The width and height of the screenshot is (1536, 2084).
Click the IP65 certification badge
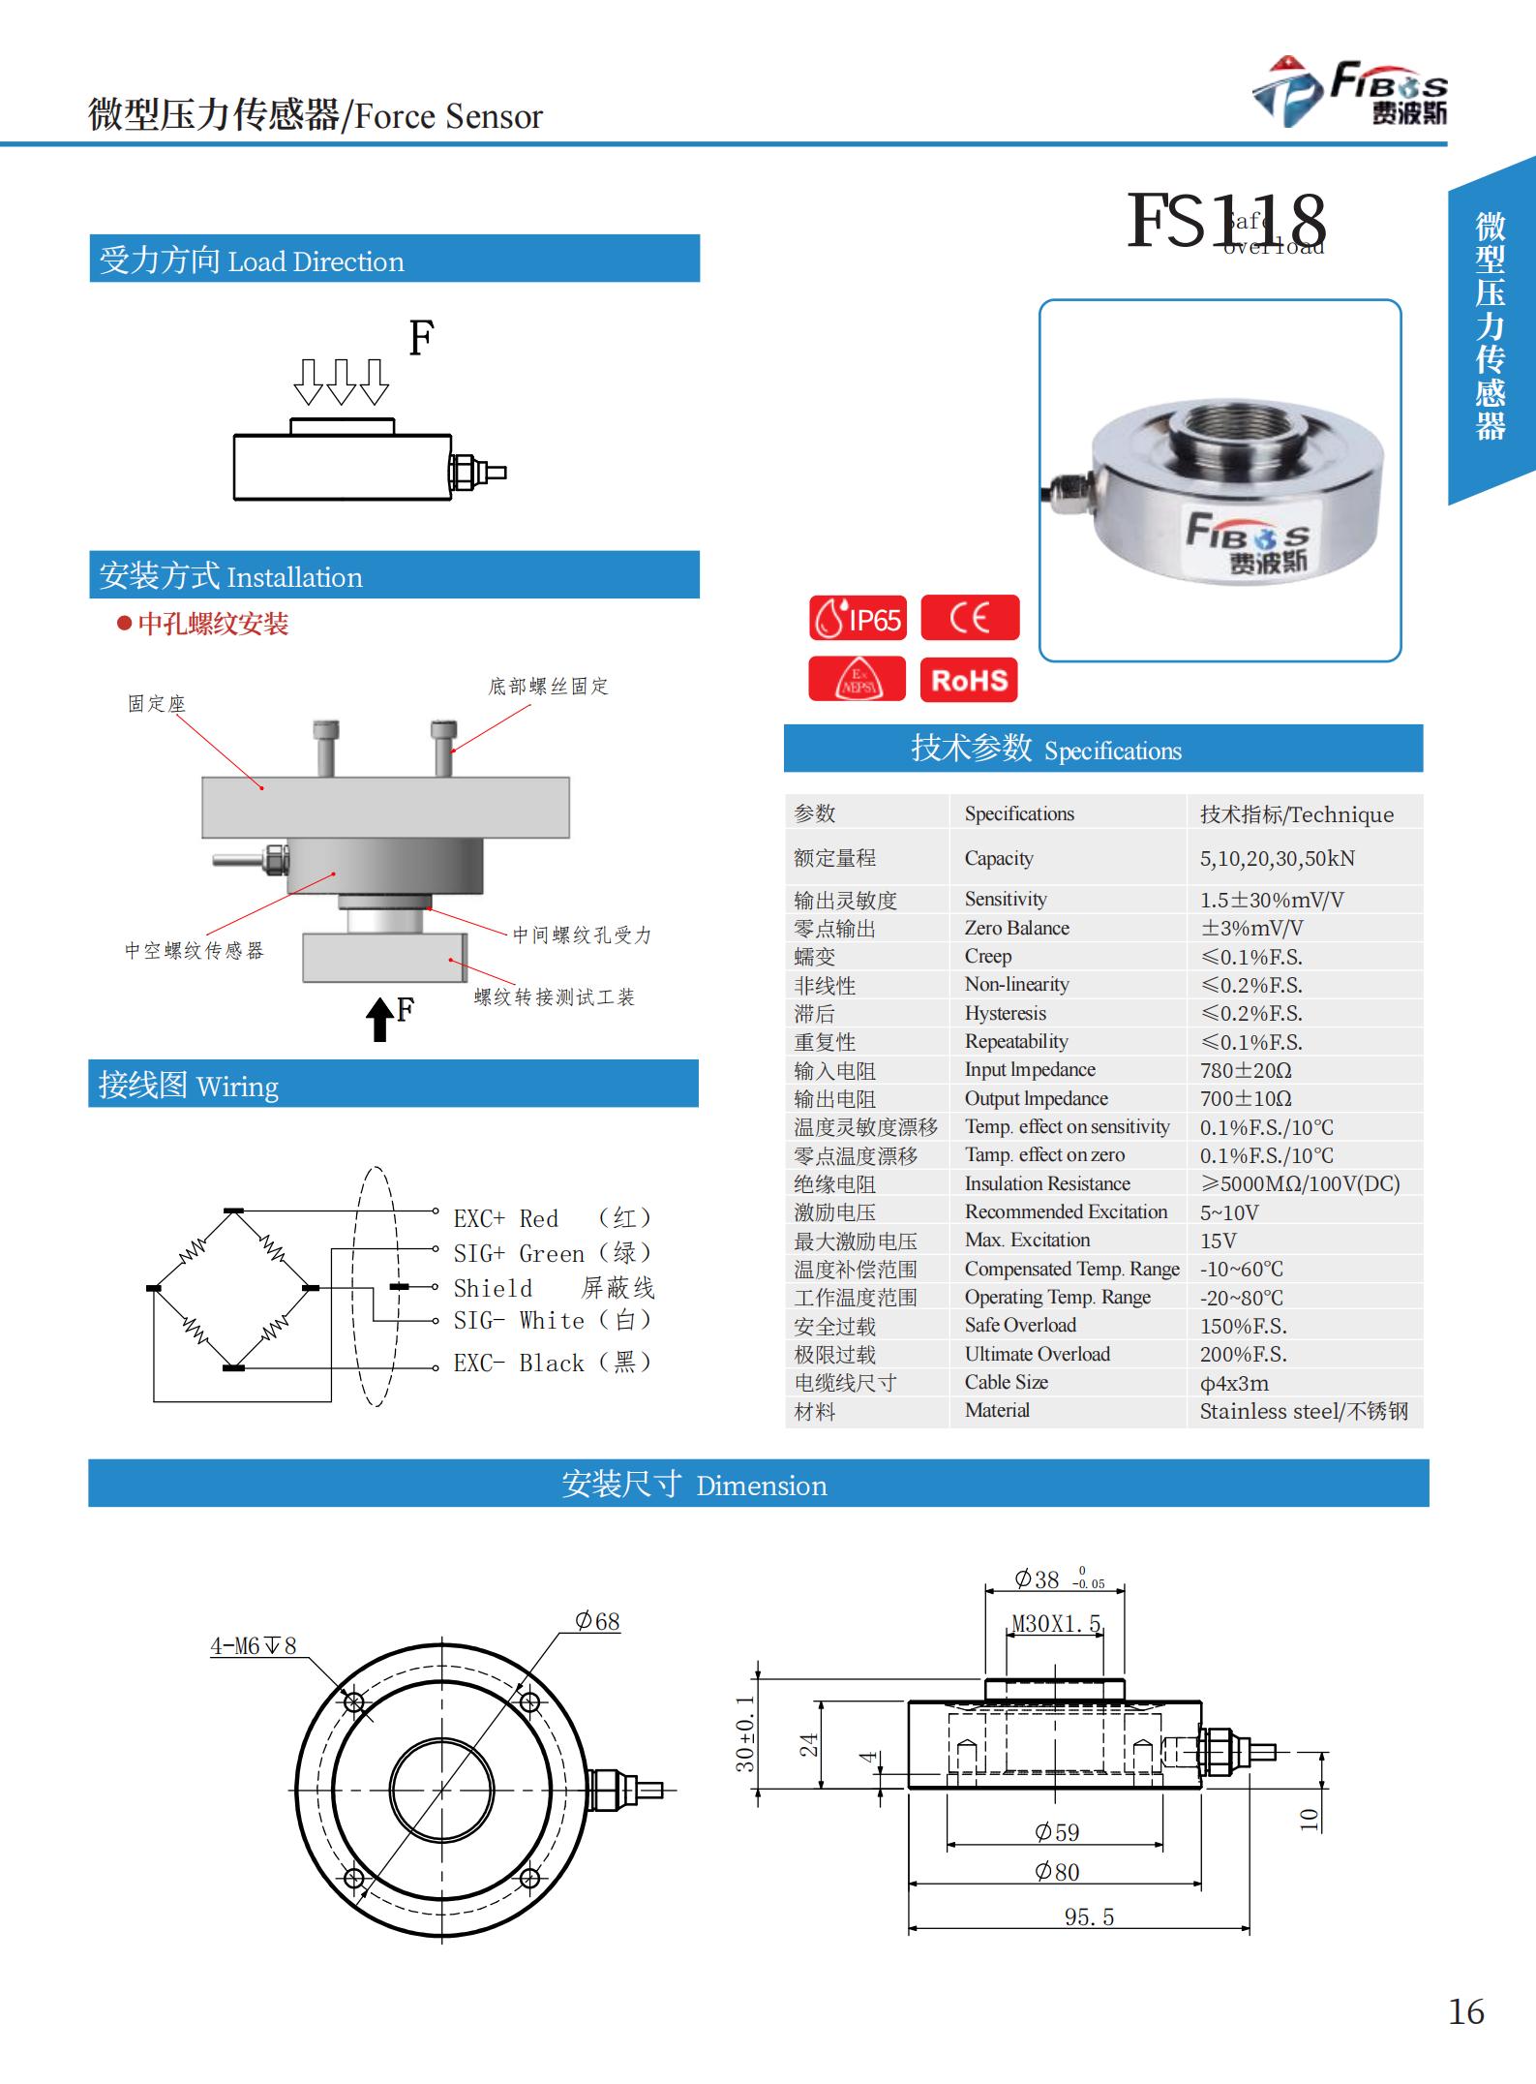pyautogui.click(x=858, y=619)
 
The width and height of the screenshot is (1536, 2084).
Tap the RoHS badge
pyautogui.click(x=969, y=680)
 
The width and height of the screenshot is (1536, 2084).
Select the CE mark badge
pyautogui.click(x=970, y=618)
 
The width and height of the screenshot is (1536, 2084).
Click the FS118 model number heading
pyautogui.click(x=1226, y=221)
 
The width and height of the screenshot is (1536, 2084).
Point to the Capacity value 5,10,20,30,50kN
pyautogui.click(x=1277, y=858)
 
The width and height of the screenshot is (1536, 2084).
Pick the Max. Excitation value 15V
pyautogui.click(x=1218, y=1241)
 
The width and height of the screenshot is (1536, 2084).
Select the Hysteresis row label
pyautogui.click(x=1005, y=1013)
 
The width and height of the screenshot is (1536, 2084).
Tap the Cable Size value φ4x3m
pyautogui.click(x=1234, y=1383)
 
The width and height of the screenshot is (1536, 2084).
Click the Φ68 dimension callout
pyautogui.click(x=597, y=1621)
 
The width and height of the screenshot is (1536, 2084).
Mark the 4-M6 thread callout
pyautogui.click(x=254, y=1645)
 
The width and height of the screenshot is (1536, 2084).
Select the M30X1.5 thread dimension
pyautogui.click(x=1056, y=1624)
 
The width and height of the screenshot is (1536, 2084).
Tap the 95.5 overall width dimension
pyautogui.click(x=1089, y=1917)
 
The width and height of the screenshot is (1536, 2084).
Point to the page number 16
pyautogui.click(x=1465, y=2011)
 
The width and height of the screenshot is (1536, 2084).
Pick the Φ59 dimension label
pyautogui.click(x=1056, y=1832)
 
